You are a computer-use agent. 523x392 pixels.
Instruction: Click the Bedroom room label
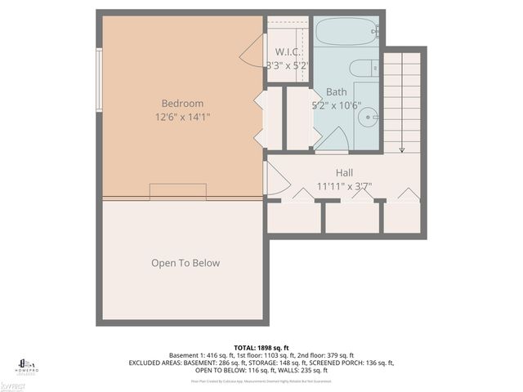pyautogui.click(x=182, y=104)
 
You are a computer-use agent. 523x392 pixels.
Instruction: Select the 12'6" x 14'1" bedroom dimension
pyautogui.click(x=182, y=117)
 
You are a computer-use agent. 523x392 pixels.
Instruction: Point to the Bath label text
pyautogui.click(x=336, y=92)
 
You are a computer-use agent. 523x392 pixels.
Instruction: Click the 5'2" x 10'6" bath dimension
pyautogui.click(x=336, y=105)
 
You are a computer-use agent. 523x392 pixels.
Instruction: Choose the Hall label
pyautogui.click(x=344, y=173)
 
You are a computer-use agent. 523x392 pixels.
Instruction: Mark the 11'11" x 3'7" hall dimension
pyautogui.click(x=343, y=186)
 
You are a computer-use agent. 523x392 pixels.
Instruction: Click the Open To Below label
pyautogui.click(x=186, y=263)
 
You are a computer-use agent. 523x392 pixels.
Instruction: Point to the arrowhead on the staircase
pyautogui.click(x=401, y=149)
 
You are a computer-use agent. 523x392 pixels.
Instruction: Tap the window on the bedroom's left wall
pyautogui.click(x=99, y=79)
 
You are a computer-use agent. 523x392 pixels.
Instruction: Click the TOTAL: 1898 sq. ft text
pyautogui.click(x=261, y=346)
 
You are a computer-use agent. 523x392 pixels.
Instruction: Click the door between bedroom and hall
pyautogui.click(x=274, y=178)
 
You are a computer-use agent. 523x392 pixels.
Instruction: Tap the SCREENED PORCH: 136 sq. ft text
pyautogui.click(x=353, y=363)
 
